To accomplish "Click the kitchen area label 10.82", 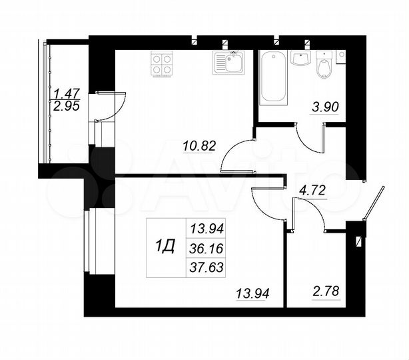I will pyautogui.click(x=200, y=145).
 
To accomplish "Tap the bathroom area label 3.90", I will pyautogui.click(x=326, y=107).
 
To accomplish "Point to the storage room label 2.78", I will pyautogui.click(x=326, y=292).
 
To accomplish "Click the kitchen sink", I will pyautogui.click(x=228, y=64).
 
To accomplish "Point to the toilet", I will pyautogui.click(x=324, y=66).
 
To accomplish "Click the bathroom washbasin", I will pyautogui.click(x=301, y=59).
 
